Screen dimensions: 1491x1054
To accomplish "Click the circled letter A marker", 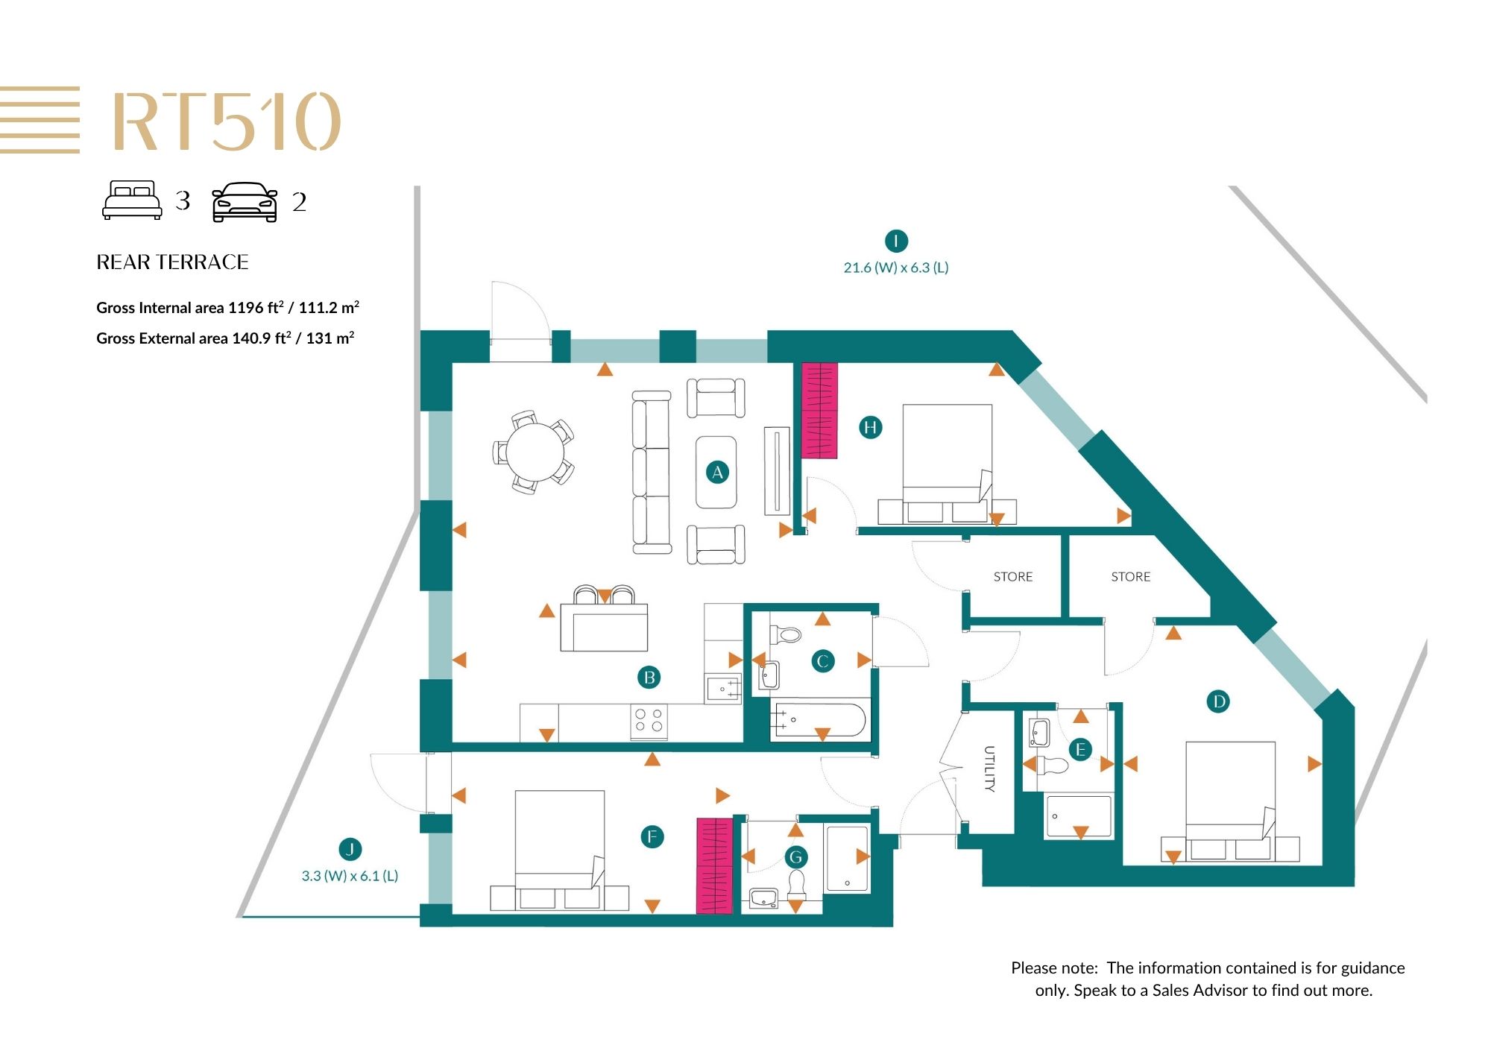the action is [x=717, y=472].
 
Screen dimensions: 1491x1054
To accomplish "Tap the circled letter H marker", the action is [x=870, y=427].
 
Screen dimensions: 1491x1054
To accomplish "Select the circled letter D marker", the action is [x=1218, y=701].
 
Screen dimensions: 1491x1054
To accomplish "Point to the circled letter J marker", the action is [x=350, y=848].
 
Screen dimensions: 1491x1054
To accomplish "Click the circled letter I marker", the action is [x=895, y=241].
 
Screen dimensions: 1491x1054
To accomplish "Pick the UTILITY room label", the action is [x=989, y=769].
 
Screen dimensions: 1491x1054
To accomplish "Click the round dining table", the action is [x=535, y=452].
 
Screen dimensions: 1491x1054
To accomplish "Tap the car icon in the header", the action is [x=245, y=202].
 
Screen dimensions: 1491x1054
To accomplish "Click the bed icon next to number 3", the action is [x=132, y=200].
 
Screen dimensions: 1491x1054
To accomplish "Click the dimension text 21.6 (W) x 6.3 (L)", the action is [x=896, y=268].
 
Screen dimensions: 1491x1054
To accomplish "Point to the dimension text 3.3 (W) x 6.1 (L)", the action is [x=350, y=876].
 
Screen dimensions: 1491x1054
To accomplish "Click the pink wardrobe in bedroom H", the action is [x=819, y=410].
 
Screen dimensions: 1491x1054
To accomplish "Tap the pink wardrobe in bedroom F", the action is [x=714, y=865].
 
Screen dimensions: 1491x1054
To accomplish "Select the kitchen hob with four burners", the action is [x=649, y=721].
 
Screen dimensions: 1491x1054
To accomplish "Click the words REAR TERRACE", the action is [x=172, y=262].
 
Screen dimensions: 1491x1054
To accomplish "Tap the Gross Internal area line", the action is [x=228, y=307].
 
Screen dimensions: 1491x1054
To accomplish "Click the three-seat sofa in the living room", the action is [x=652, y=473].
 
